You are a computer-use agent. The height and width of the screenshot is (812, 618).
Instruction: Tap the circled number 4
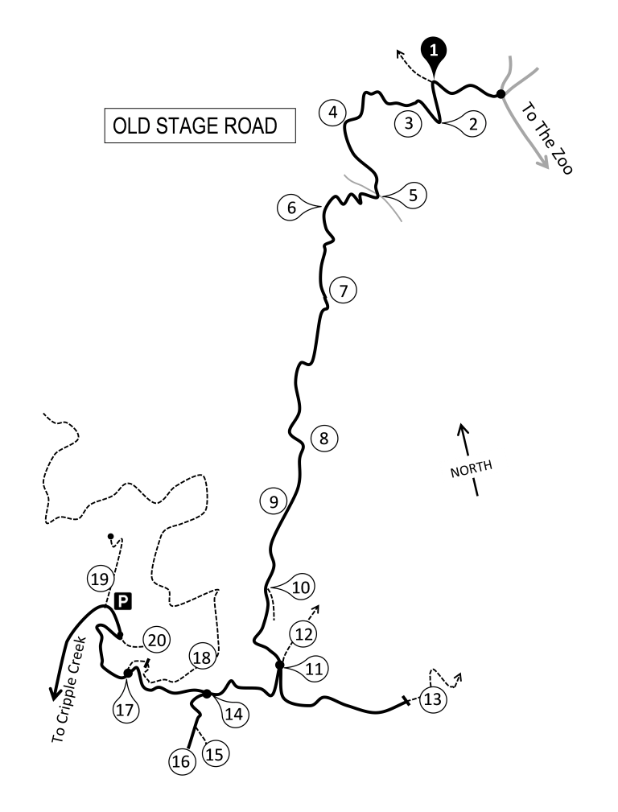333,112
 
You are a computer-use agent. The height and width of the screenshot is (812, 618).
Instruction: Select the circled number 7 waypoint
344,291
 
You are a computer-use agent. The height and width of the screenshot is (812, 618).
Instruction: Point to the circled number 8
324,438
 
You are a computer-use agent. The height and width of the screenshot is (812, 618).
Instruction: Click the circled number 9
274,501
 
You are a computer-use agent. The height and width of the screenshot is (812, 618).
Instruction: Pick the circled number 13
433,699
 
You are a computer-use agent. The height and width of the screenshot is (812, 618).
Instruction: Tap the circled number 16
181,762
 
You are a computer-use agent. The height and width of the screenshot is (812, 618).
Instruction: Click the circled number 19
100,579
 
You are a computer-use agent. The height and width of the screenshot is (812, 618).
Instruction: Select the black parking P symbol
123,601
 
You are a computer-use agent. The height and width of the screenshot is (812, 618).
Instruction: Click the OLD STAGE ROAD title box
200,126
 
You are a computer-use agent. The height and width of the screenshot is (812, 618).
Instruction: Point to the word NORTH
471,468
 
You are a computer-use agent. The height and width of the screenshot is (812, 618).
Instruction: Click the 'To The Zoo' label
546,138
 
